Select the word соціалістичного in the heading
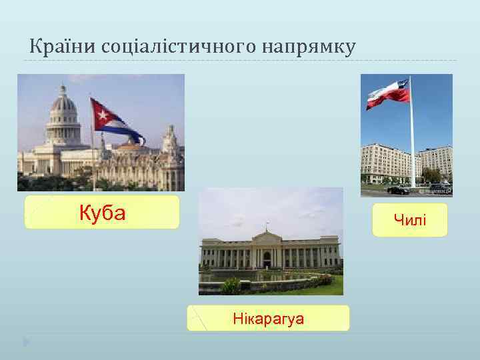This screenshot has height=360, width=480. (x=176, y=47)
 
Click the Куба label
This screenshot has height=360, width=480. (x=102, y=213)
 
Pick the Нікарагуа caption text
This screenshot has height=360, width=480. (x=268, y=319)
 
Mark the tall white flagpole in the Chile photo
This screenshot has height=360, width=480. (x=412, y=140)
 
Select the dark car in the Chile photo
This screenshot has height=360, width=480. (x=398, y=189)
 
